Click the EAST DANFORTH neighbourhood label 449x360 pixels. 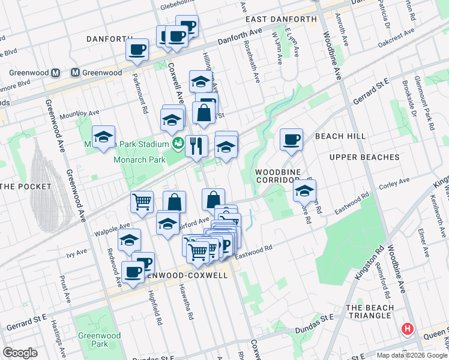coord(281,19)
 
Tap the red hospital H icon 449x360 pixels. coord(408,329)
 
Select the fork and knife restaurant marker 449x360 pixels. coord(196,146)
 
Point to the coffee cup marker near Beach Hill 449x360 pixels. coord(292,140)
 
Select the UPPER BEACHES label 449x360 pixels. coord(364,157)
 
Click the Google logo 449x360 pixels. coord(20,353)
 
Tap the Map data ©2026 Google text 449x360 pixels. coord(411,355)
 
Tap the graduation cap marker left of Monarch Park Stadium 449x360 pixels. coord(103,137)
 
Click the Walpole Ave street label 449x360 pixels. coord(109,227)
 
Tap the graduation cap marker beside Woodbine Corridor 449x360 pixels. coord(304,191)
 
